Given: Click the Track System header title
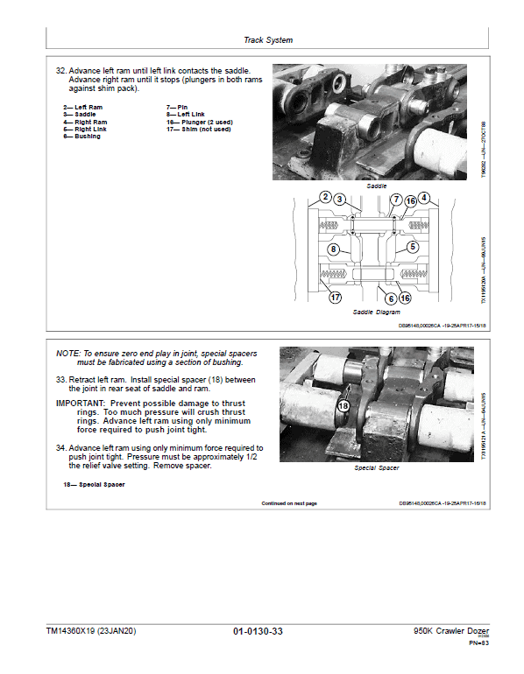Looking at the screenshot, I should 268,40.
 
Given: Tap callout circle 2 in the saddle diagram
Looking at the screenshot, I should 324,198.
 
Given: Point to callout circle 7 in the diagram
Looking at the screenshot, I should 396,200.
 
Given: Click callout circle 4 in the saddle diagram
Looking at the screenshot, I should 424,198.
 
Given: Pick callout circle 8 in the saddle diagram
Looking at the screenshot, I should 334,249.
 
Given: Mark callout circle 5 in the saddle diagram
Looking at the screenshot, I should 411,248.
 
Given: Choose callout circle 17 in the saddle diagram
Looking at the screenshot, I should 335,298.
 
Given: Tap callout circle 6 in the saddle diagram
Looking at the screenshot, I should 391,298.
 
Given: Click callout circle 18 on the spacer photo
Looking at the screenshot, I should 343,406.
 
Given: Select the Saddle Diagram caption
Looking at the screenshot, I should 377,312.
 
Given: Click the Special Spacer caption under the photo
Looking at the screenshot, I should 377,468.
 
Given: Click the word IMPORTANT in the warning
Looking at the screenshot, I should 82,403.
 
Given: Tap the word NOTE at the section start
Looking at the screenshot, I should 67,353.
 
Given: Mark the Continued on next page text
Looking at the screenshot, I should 289,503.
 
